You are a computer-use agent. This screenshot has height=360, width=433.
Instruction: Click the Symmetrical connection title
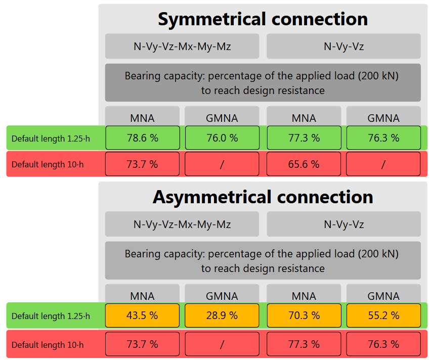point(263,19)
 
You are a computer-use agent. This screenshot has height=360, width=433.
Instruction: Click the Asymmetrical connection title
point(263,197)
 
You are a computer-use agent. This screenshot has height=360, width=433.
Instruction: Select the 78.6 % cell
point(142,138)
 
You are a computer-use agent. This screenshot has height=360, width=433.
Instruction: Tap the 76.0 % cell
point(222,138)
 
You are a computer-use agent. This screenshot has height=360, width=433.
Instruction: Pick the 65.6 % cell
point(304,164)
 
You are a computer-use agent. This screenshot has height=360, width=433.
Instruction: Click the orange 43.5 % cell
point(142,316)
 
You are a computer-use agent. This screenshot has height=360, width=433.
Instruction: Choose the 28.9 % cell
point(222,316)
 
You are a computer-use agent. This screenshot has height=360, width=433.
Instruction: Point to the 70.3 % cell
point(304,316)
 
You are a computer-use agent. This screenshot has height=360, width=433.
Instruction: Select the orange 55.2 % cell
point(383,316)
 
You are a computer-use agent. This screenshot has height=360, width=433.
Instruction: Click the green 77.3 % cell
point(304,138)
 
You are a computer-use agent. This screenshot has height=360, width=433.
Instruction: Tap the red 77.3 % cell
point(304,344)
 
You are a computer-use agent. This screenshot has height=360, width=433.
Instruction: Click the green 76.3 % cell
point(383,138)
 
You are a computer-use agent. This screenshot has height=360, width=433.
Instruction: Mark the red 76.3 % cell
point(383,344)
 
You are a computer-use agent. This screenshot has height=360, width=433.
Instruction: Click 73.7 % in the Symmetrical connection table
point(142,164)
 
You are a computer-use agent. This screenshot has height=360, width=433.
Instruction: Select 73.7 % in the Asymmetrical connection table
point(142,344)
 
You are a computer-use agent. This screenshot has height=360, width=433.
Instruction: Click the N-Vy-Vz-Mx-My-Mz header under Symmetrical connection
point(182,47)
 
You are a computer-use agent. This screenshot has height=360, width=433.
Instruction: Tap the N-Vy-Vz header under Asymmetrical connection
point(343,224)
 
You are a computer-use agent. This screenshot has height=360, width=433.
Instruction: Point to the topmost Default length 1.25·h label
point(51,139)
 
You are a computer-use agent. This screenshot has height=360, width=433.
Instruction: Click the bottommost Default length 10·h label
point(48,345)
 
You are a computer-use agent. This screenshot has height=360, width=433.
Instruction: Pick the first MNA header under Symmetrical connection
point(142,118)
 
